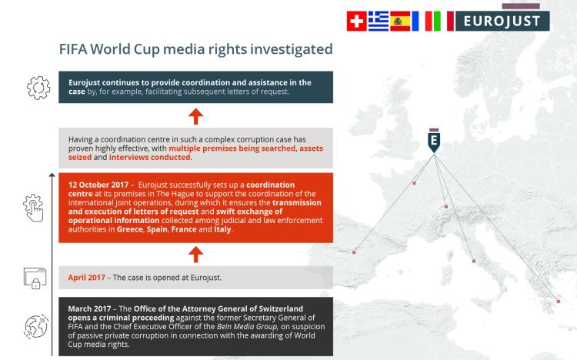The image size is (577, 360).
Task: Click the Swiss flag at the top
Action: click(356, 21)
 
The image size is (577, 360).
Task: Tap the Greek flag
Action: click(379, 21)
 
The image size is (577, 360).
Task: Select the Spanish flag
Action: click(400, 21)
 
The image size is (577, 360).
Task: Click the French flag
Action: click(422, 21)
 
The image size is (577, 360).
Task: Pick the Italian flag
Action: click(443, 21)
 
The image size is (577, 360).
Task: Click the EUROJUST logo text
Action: click(502, 21)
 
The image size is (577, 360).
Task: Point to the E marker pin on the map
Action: click(434, 141)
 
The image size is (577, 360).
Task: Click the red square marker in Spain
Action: click(354, 252)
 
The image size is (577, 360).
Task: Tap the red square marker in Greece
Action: click(559, 301)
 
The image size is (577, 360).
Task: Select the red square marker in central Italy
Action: click(474, 261)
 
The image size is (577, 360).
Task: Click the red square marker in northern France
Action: click(414, 183)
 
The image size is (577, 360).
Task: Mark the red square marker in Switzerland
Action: click(446, 206)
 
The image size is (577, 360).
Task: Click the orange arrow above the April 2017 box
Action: click(195, 255)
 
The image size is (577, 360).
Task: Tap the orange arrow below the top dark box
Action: click(195, 116)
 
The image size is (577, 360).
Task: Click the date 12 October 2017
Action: click(98, 185)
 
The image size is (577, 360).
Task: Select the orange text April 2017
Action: click(86, 278)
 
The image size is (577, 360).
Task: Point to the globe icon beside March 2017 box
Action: click(36, 326)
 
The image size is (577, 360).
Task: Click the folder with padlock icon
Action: click(35, 278)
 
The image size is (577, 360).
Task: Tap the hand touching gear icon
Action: click(34, 208)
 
